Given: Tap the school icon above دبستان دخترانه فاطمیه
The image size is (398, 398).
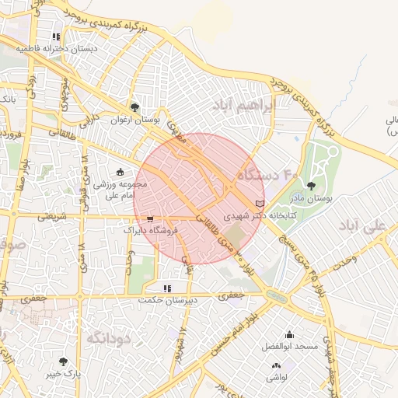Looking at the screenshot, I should tap(56, 37).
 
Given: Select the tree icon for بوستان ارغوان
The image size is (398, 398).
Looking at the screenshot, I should tap(135, 108).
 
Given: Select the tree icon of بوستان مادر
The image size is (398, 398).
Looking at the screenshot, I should tap(311, 186).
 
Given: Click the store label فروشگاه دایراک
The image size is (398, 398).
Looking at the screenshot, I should tap(152, 230).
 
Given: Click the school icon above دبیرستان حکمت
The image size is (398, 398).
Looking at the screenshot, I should tap(167, 288).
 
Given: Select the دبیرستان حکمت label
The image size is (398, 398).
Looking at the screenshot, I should tap(166, 300).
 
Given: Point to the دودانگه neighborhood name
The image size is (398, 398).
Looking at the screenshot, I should tap(106, 338).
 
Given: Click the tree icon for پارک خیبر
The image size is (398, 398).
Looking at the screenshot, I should tap(63, 361).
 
